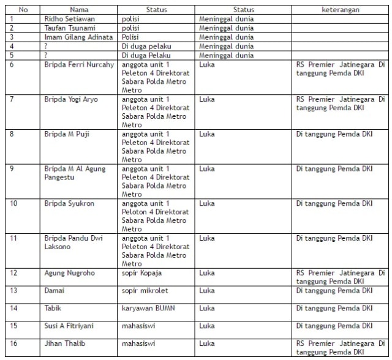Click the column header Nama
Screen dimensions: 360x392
(x=79, y=10)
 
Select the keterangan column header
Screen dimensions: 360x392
(x=341, y=10)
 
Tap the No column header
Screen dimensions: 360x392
(x=23, y=10)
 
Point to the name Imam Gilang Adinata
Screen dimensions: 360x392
(x=78, y=37)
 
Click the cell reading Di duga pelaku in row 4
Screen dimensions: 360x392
(x=146, y=47)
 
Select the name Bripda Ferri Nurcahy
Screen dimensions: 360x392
(x=79, y=65)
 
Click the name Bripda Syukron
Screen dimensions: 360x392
(x=69, y=203)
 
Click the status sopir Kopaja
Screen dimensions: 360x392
(x=141, y=273)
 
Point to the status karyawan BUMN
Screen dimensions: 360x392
(x=148, y=308)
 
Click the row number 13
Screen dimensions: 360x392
(x=14, y=291)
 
